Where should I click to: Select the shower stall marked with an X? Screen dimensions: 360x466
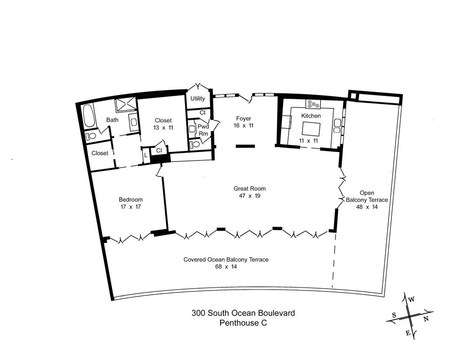(x=125, y=104)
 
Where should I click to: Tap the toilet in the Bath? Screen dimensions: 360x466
(x=91, y=136)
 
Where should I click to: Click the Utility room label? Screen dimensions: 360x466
(x=198, y=99)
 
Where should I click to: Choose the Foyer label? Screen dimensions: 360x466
(x=244, y=118)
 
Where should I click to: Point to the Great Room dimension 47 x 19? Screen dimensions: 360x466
(x=246, y=196)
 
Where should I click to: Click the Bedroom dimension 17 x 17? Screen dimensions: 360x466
(x=130, y=207)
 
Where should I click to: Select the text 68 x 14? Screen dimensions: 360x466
(x=226, y=267)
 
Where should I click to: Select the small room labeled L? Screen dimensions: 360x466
(x=146, y=155)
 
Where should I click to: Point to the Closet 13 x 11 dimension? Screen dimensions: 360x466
(x=163, y=128)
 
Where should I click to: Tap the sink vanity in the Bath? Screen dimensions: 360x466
(x=134, y=123)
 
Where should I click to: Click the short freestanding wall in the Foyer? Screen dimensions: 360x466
(x=245, y=146)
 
